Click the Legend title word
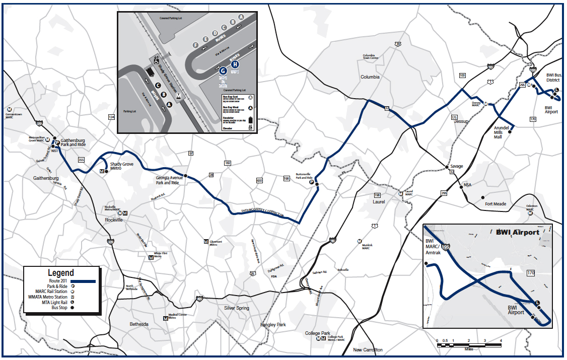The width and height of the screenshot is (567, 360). (61, 273)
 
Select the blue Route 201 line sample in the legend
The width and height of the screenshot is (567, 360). (83, 280)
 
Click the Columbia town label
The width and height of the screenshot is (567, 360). (370, 77)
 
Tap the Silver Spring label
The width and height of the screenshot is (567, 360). (236, 308)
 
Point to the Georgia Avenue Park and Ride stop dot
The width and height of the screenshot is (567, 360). (185, 176)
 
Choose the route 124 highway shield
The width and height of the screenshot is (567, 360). (111, 117)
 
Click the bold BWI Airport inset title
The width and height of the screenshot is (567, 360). (518, 232)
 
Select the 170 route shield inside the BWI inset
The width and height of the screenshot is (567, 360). (531, 273)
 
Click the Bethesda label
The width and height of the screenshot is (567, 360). (139, 324)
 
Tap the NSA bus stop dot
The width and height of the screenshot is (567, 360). (461, 187)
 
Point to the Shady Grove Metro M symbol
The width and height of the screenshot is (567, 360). (102, 171)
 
